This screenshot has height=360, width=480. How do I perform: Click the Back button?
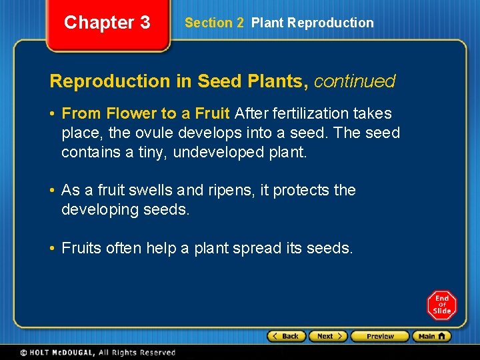click(287, 336)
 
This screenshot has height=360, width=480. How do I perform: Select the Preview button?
click(380, 336)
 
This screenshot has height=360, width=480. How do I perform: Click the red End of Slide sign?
click(441, 305)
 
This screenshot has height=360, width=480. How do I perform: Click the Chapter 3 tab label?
click(107, 23)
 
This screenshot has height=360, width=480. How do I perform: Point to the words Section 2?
click(214, 23)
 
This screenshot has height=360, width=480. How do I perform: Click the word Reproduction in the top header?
click(331, 23)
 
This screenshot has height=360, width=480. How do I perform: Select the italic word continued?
click(354, 81)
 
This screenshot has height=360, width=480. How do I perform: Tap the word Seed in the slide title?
click(227, 81)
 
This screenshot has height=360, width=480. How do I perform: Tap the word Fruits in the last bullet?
click(82, 248)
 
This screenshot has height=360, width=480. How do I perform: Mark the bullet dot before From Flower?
click(53, 114)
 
